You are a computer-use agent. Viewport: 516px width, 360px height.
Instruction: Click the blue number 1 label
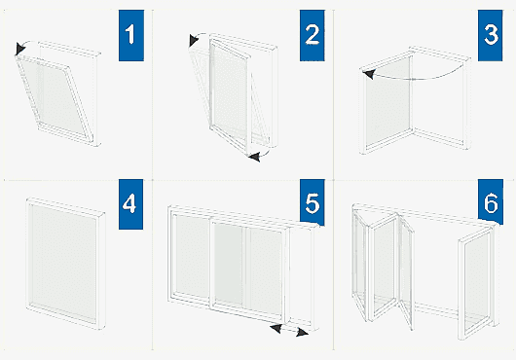[x=131, y=35]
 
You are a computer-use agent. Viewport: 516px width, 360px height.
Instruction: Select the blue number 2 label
[x=312, y=35]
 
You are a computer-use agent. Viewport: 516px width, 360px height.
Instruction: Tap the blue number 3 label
[x=491, y=35]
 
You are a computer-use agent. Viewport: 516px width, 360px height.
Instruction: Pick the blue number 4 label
[x=130, y=204]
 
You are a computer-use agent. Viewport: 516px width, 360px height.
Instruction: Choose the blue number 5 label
[x=312, y=202]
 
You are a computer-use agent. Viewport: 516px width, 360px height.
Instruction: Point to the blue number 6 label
[x=491, y=202]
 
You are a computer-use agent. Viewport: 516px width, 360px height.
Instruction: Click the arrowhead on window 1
[x=19, y=49]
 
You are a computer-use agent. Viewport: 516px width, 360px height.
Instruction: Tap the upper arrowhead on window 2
[x=194, y=40]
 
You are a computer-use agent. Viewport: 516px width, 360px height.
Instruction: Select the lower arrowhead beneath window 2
[x=254, y=157]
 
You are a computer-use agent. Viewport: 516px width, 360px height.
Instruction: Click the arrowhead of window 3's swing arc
[x=369, y=74]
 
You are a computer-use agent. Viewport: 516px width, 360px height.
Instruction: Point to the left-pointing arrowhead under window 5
[x=276, y=328]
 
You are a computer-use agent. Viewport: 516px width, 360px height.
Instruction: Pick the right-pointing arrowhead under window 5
[x=302, y=333]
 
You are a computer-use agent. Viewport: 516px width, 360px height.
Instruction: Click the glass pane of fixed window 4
[x=63, y=262]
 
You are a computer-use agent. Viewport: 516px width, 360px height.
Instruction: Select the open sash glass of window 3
[x=387, y=103]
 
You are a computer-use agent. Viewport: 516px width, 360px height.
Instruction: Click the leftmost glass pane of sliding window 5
[x=192, y=256]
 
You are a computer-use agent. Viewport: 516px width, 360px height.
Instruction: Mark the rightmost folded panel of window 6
[x=476, y=283]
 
